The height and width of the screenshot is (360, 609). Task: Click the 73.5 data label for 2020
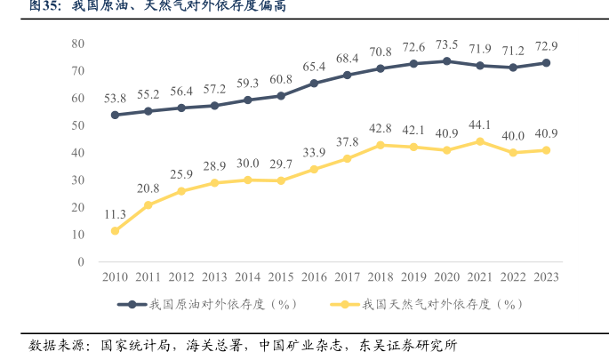point(446,44)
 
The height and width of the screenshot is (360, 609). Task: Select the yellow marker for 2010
point(115,231)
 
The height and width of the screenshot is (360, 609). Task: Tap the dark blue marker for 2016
point(314,84)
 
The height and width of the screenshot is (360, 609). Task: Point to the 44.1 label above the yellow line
point(480,124)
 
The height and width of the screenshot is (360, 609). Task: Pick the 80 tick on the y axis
point(77,44)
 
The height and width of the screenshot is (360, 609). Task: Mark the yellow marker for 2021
point(480,141)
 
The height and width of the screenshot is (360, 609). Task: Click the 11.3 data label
point(115,214)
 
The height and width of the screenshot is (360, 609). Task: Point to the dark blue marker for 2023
point(546,63)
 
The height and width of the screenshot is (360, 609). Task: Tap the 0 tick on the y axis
point(80,262)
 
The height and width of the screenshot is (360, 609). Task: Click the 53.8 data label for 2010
point(115,98)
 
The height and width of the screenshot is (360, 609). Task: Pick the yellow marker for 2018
point(381,145)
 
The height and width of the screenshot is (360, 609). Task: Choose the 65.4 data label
point(314,67)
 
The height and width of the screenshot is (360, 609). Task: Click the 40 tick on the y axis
point(77,153)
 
